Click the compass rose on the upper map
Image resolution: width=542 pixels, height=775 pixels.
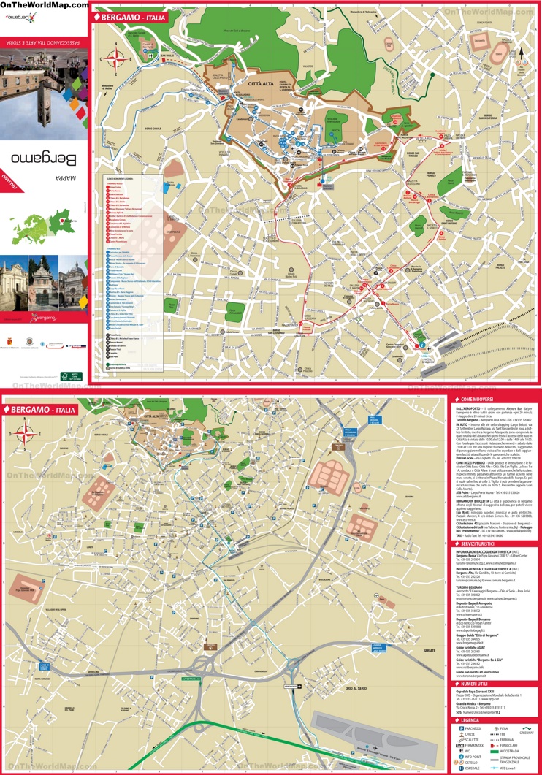pos(115,60)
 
